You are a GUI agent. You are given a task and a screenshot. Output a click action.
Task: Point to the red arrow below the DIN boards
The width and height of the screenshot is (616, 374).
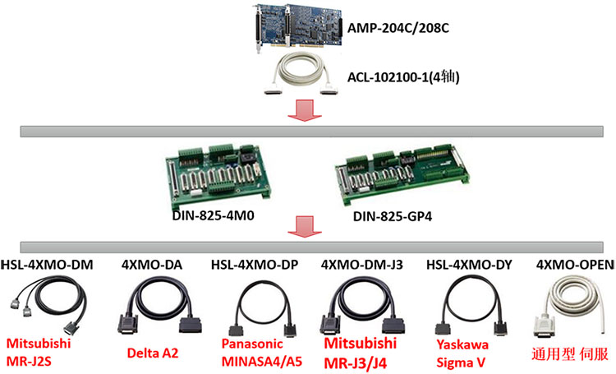tap(303, 228)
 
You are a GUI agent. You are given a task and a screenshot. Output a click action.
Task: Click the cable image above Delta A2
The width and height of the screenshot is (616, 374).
tap(154, 308)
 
